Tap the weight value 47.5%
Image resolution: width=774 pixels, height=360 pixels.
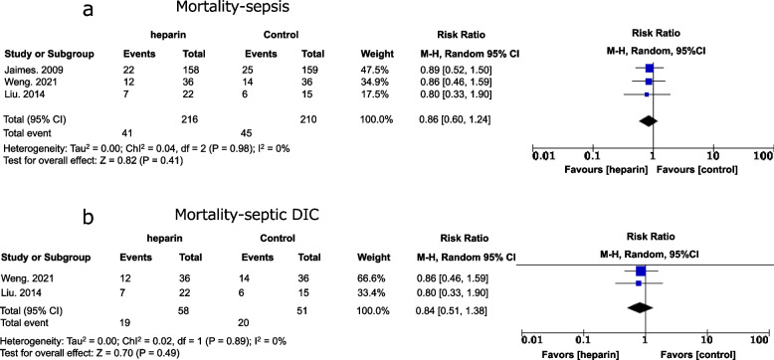point(377,69)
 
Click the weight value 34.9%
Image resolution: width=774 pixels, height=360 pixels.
point(377,82)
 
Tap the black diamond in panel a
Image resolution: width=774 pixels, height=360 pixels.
point(648,120)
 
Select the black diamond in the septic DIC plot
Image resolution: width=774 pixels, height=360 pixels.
point(640,307)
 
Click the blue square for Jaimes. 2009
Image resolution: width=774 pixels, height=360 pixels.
point(649,69)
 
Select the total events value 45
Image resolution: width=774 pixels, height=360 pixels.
point(243,132)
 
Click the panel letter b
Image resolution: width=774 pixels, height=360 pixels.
point(89,217)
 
